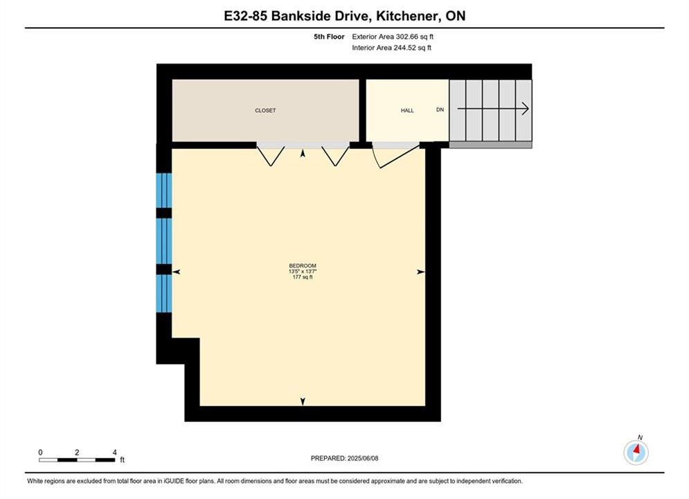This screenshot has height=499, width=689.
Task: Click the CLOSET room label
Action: coord(265,110)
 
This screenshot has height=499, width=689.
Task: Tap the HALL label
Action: coord(407,110)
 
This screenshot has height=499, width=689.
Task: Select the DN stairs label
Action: coord(440,110)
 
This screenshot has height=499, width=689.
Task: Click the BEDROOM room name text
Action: coord(303,265)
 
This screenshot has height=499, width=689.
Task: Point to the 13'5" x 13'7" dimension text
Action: coord(303,272)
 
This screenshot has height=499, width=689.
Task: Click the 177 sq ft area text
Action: coord(303,277)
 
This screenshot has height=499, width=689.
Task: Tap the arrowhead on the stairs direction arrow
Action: coord(525,109)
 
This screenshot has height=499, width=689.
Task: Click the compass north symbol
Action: coord(636,452)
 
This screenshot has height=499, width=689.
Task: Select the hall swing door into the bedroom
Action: coord(395,155)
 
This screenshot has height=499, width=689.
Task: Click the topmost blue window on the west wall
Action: coord(164,190)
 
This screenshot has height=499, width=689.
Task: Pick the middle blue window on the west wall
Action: coord(164,241)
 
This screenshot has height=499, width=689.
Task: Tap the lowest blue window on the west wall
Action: coord(164,293)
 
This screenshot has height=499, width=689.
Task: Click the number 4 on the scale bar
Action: coord(115,453)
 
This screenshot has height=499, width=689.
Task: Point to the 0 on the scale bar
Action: coord(40,453)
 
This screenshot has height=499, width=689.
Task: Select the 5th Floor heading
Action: coord(329,37)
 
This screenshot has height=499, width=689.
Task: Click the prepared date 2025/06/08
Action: coord(363,458)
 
